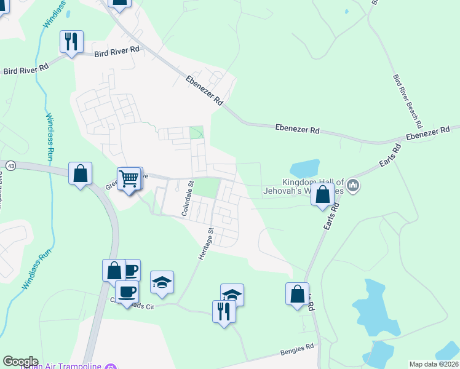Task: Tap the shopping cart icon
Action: click(x=129, y=179)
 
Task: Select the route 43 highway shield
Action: click(x=10, y=166)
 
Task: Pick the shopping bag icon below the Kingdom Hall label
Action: click(x=323, y=194)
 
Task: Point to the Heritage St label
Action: click(x=205, y=244)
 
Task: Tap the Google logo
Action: click(x=20, y=362)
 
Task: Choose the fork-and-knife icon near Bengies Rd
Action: click(x=224, y=311)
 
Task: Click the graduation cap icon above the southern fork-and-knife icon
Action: click(x=232, y=295)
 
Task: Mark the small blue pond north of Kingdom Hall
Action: click(x=304, y=168)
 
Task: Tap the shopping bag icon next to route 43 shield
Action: click(x=81, y=173)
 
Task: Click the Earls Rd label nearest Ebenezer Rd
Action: click(x=390, y=156)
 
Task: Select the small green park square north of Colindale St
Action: click(x=197, y=133)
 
